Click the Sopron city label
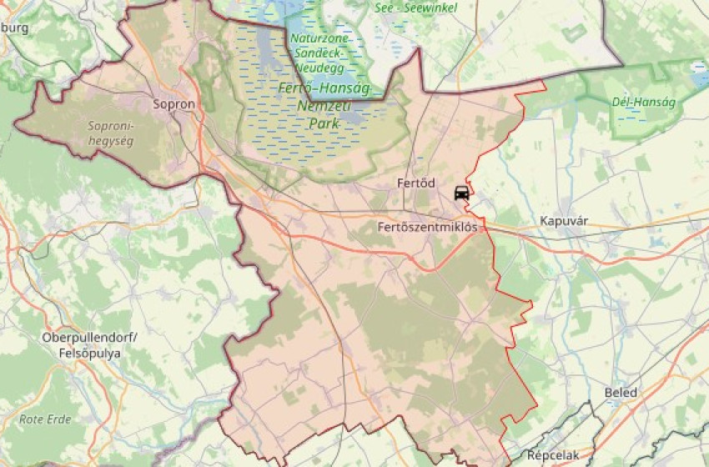coord(174,105)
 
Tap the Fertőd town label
coord(416,183)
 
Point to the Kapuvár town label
coord(565,222)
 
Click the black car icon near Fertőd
coord(461,193)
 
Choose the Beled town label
coord(621,393)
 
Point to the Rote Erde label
coord(45,419)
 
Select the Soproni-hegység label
coord(111,133)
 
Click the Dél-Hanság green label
coord(644,102)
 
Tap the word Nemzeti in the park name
coord(324,106)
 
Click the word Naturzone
coord(321,38)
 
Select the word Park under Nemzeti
coord(325,123)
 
